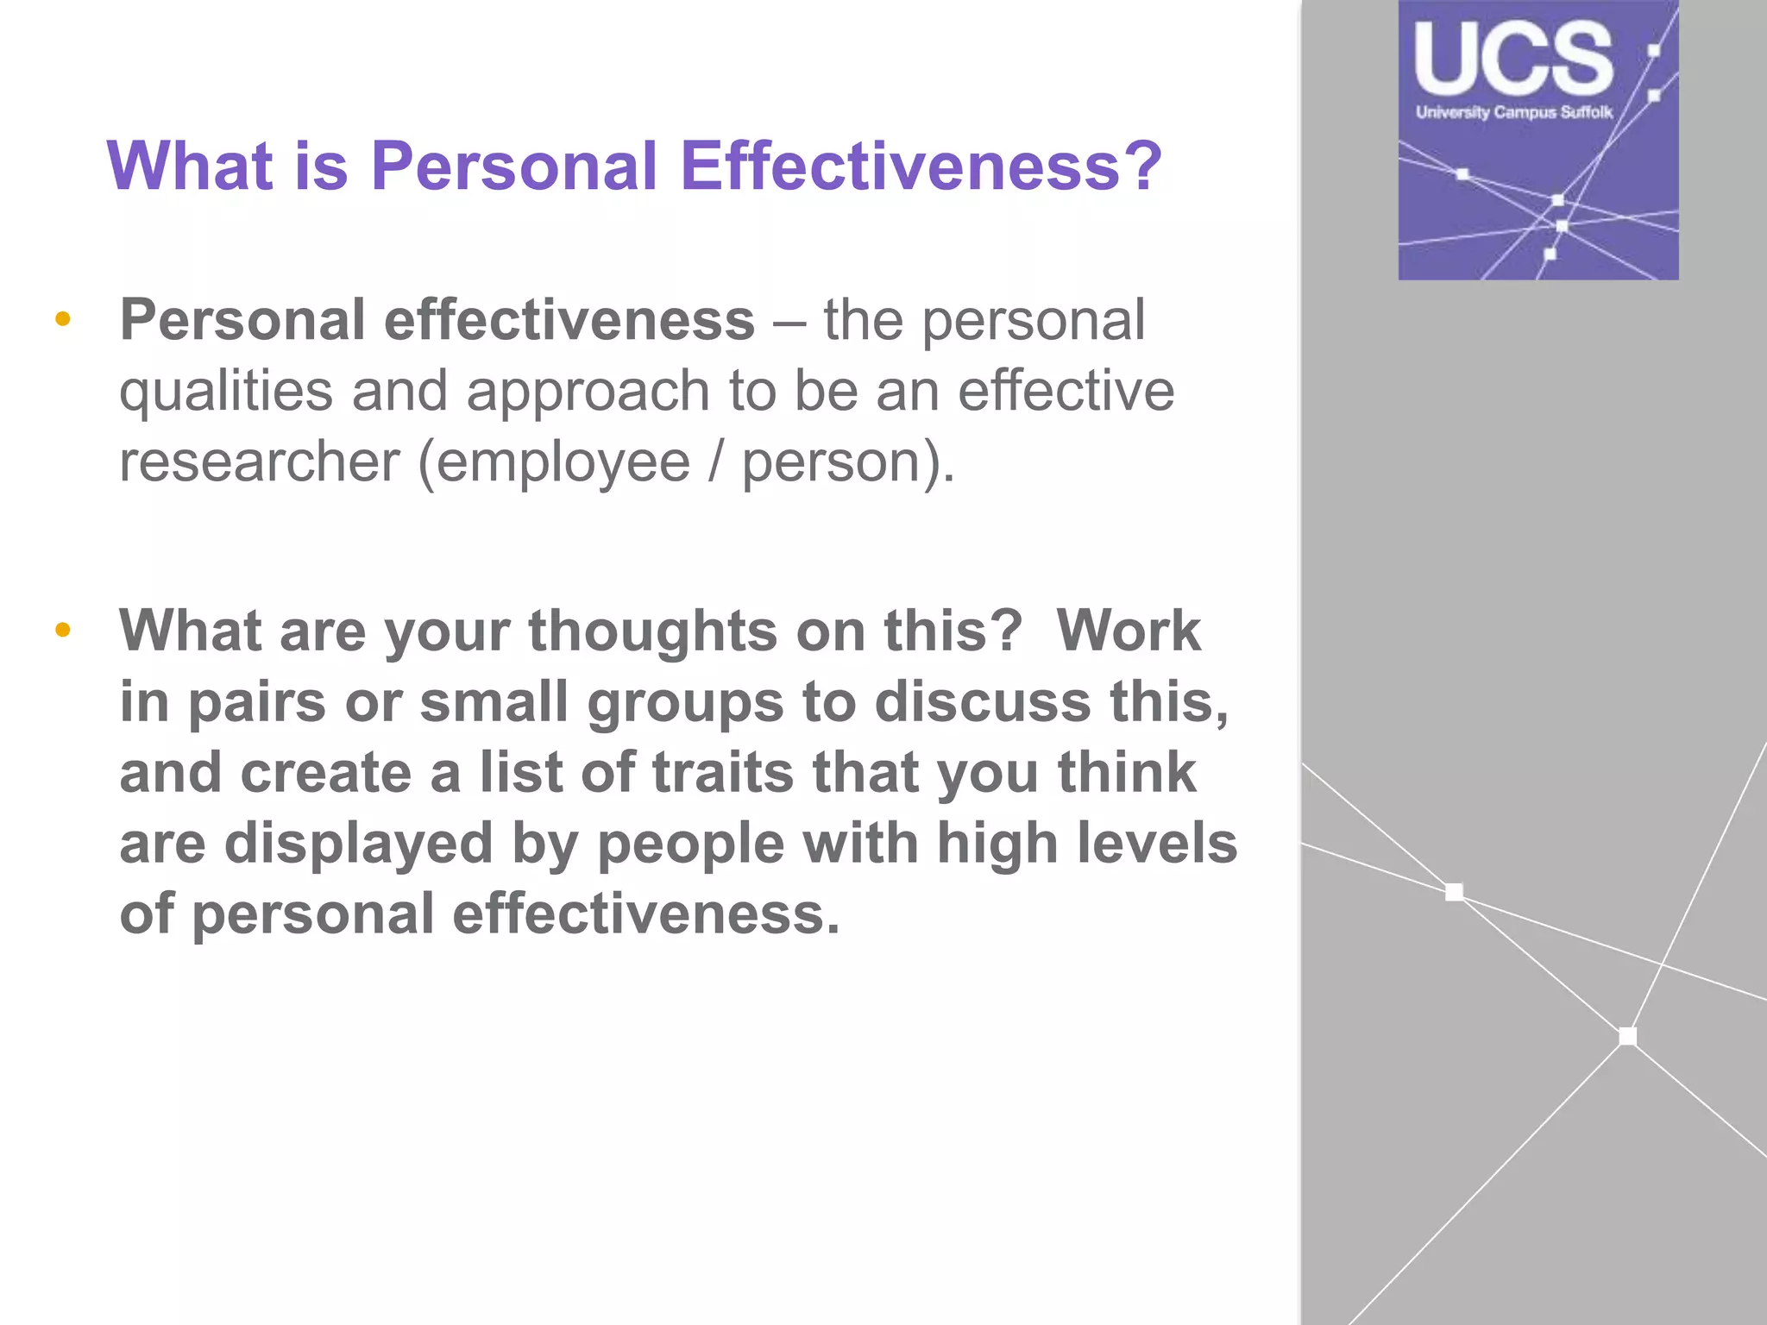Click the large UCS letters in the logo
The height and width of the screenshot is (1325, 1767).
tap(1513, 59)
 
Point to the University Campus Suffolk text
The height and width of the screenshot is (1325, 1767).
tap(1513, 112)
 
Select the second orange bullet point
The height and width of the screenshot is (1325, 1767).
tap(62, 631)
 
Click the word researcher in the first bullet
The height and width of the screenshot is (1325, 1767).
tap(259, 462)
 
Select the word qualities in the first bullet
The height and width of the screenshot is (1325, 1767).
tap(225, 391)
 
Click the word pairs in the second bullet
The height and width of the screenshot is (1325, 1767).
tap(256, 702)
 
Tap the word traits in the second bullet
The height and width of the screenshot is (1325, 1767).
tap(722, 772)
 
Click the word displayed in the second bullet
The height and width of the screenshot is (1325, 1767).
tap(358, 843)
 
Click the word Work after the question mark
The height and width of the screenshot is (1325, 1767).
tap(1128, 631)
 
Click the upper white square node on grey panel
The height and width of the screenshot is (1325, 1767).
tap(1454, 892)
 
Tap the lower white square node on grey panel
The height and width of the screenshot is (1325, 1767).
tap(1627, 1036)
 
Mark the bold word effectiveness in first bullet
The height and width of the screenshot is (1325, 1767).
tap(569, 320)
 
